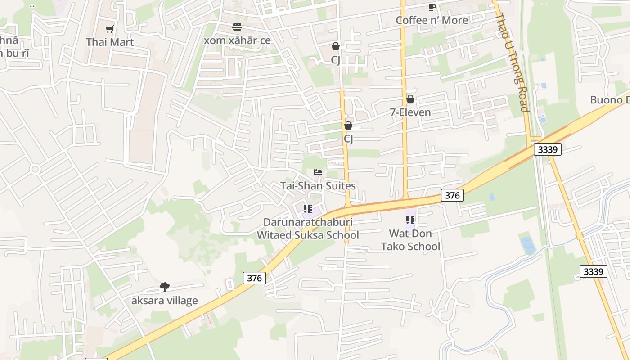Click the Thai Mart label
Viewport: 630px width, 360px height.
click(x=110, y=42)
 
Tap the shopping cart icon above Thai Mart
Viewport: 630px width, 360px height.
click(x=109, y=29)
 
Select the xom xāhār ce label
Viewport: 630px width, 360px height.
click(x=237, y=40)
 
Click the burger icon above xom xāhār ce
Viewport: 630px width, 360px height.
click(x=237, y=27)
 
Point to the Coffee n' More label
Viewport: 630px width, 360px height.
click(x=432, y=20)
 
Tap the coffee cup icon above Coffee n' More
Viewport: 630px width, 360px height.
click(x=432, y=7)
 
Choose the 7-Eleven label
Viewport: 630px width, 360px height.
click(x=410, y=112)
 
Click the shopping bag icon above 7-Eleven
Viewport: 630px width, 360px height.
click(x=410, y=99)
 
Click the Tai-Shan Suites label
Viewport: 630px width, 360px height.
click(x=318, y=186)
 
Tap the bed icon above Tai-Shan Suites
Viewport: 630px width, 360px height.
click(x=318, y=172)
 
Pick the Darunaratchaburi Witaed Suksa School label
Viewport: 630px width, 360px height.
click(x=308, y=229)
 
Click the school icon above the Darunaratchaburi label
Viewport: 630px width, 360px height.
click(x=308, y=209)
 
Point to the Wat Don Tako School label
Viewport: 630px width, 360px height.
click(x=410, y=240)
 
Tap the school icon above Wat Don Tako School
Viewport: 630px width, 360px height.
click(x=410, y=220)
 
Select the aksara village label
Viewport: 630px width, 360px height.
click(x=164, y=301)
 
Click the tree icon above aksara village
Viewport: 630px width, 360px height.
click(x=165, y=287)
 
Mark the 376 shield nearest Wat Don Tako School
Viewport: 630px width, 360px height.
click(x=452, y=195)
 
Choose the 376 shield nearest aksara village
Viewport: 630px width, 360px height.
click(x=254, y=278)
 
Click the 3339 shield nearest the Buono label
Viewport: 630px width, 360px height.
click(x=548, y=149)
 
